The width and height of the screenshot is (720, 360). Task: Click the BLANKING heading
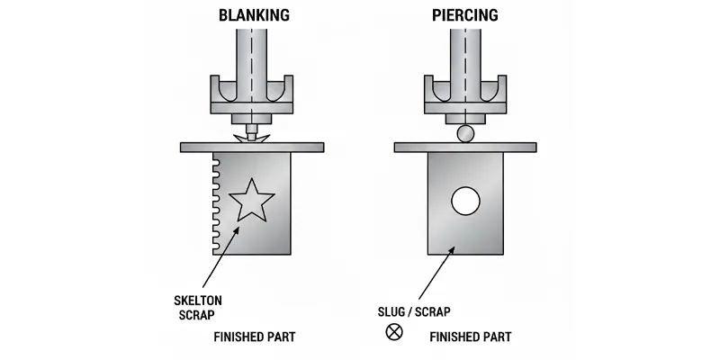[253, 15]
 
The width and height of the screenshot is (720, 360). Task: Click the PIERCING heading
[465, 15]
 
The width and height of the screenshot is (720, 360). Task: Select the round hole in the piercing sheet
[465, 201]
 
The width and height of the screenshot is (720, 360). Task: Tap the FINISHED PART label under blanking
[254, 337]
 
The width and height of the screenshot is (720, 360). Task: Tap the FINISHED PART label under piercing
[471, 337]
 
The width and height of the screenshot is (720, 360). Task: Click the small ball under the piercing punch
[465, 134]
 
